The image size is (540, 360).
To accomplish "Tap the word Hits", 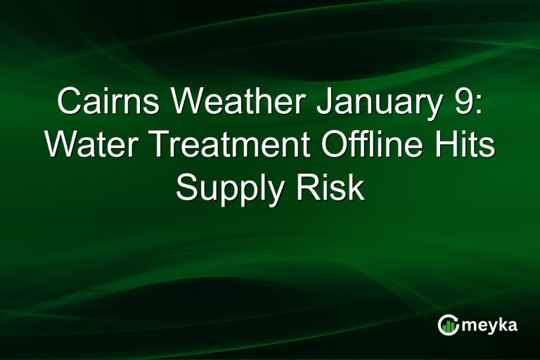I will pos(463,146).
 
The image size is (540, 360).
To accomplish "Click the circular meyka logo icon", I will pos(447,324).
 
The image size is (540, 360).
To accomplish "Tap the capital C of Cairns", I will pos(68,103).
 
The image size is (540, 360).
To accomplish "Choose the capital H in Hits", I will pos(442,146).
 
